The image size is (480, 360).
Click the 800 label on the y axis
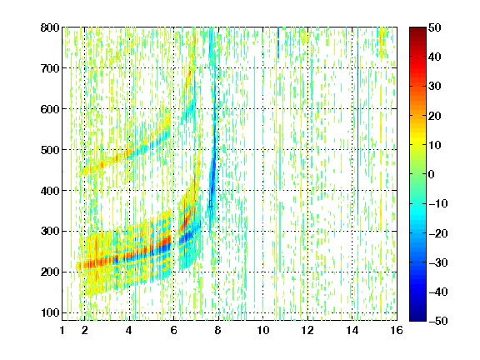pyautogui.click(x=50, y=27)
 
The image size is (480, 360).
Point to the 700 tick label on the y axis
pyautogui.click(x=50, y=68)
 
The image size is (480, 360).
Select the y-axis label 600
pyautogui.click(x=50, y=109)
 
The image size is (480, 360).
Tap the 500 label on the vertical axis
pyautogui.click(x=50, y=150)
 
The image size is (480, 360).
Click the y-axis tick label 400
pyautogui.click(x=50, y=191)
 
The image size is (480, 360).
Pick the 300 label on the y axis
pyautogui.click(x=50, y=231)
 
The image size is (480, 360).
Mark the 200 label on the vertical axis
pyautogui.click(x=50, y=272)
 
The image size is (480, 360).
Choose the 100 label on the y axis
pyautogui.click(x=50, y=312)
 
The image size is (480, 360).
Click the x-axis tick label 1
pyautogui.click(x=62, y=330)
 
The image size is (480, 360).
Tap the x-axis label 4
pyautogui.click(x=129, y=330)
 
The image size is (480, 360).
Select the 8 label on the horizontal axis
pyautogui.click(x=218, y=330)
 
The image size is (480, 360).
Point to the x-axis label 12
pyautogui.click(x=307, y=330)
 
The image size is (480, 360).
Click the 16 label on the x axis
pyautogui.click(x=397, y=330)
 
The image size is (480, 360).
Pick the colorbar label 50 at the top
pyautogui.click(x=435, y=27)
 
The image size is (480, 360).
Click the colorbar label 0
pyautogui.click(x=432, y=174)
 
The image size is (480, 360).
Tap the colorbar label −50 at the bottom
pyautogui.click(x=438, y=321)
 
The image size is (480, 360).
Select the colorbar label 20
pyautogui.click(x=435, y=116)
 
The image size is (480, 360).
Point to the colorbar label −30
pyautogui.click(x=438, y=262)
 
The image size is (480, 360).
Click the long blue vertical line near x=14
pyautogui.click(x=357, y=122)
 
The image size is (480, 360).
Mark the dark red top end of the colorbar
pyautogui.click(x=417, y=30)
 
